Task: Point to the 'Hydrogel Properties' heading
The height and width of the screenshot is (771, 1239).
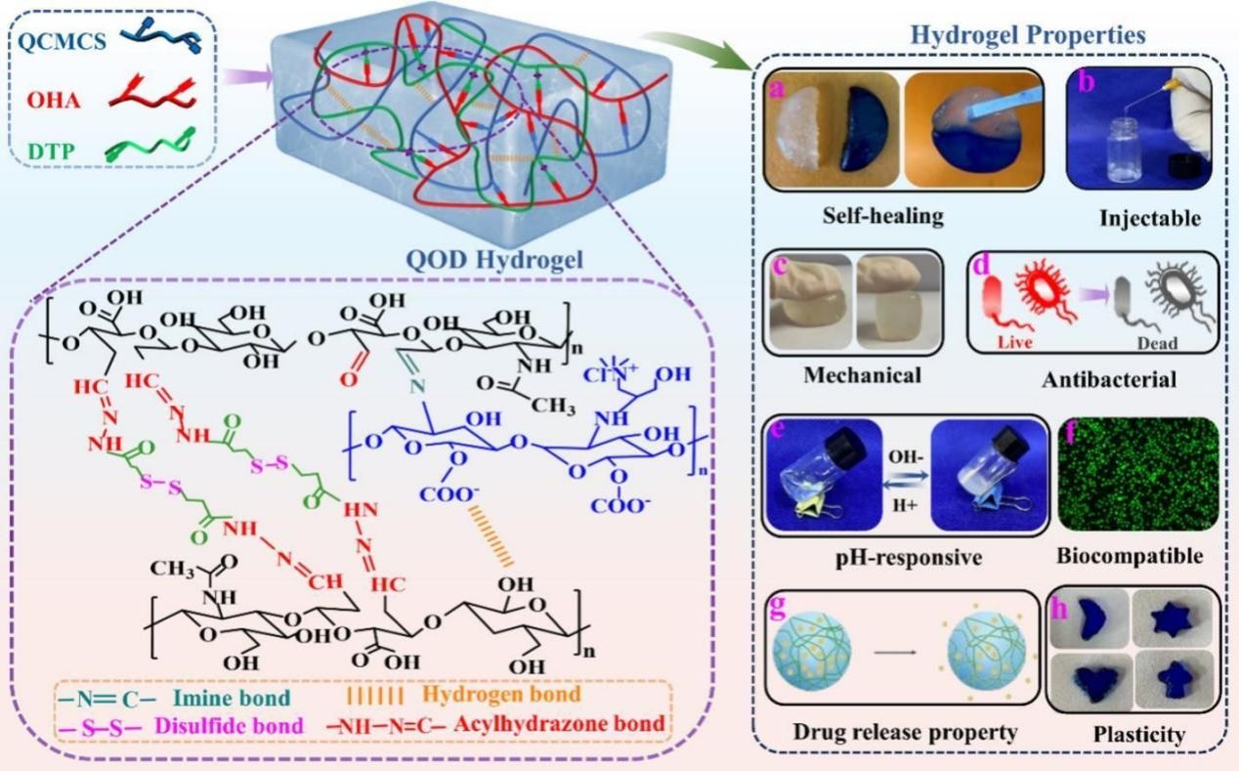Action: [1027, 36]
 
